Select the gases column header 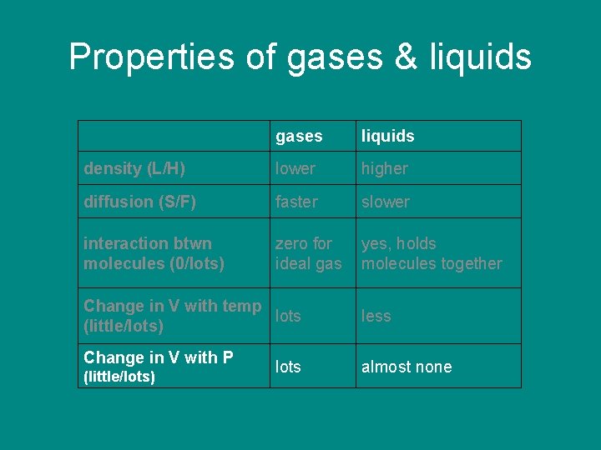coord(299,136)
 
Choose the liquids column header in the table coord(387,136)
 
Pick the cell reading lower coord(295,168)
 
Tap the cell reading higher coord(385,168)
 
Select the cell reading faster coord(296,202)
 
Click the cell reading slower coord(386,202)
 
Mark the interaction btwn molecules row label coord(154,253)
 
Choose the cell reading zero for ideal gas coord(308,253)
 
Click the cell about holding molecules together coord(431,253)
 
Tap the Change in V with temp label coord(172,315)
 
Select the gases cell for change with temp coord(288,316)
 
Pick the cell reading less coord(376,316)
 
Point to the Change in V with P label coord(158,366)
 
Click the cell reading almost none coord(407,367)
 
